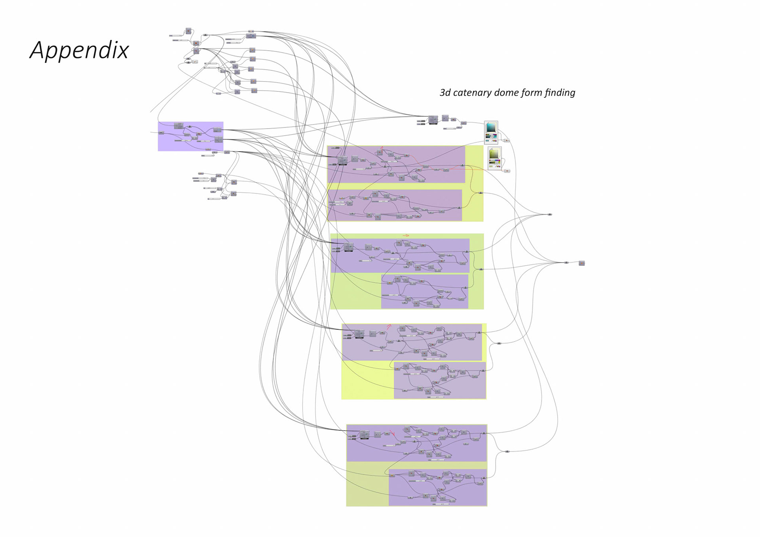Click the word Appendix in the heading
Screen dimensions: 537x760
(79, 50)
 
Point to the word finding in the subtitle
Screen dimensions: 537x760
(560, 93)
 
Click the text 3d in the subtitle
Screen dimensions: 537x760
(445, 93)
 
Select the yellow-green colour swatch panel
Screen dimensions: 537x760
(494, 158)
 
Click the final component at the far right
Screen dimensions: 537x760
(581, 263)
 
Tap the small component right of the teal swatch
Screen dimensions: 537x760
(507, 140)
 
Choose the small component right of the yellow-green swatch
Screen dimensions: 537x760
(507, 171)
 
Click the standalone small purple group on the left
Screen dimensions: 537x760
(190, 136)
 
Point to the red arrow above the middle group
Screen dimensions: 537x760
(406, 235)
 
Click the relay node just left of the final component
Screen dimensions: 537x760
(566, 262)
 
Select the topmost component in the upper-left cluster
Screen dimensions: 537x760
(188, 30)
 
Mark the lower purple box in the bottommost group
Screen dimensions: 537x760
(437, 487)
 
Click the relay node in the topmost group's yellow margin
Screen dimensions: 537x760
(481, 193)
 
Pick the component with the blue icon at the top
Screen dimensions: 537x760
(251, 36)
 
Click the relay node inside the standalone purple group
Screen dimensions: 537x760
(190, 127)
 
